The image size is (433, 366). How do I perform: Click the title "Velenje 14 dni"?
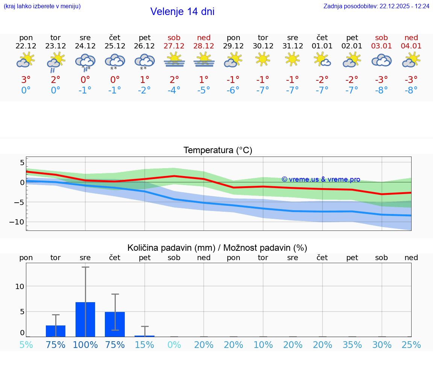tap(182, 12)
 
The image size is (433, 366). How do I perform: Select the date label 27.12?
tap(174, 46)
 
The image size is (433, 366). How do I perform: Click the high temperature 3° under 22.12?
tap(26, 80)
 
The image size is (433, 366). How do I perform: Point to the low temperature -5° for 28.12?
tap(204, 90)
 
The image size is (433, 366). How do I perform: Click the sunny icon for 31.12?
tap(292, 59)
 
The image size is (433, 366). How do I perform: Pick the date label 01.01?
tap(322, 46)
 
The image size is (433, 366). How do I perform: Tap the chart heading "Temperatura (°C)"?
tap(218, 151)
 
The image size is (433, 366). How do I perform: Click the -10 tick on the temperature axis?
tap(17, 222)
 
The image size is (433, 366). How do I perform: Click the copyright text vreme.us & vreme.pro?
tap(321, 179)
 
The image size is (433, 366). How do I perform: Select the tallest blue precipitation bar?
tap(85, 319)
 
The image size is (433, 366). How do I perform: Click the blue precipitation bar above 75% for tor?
tap(56, 331)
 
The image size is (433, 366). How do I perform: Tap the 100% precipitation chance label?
tap(85, 345)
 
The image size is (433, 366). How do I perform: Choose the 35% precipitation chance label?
tap(352, 345)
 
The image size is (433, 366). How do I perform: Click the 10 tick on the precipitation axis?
tap(20, 286)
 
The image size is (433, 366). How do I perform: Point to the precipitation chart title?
tap(217, 248)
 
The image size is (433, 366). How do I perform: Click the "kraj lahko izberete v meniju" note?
tap(42, 6)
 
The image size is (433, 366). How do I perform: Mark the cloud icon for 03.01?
tap(382, 60)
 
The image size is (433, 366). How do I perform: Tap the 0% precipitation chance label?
tap(174, 345)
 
